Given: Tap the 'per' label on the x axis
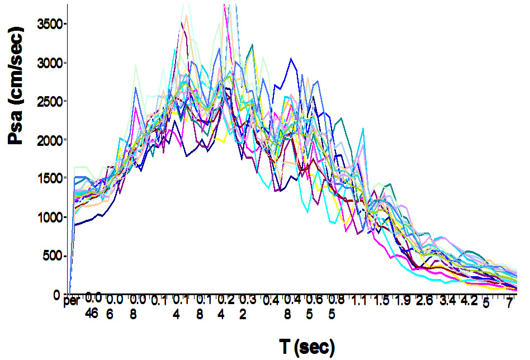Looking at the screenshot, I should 71,302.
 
